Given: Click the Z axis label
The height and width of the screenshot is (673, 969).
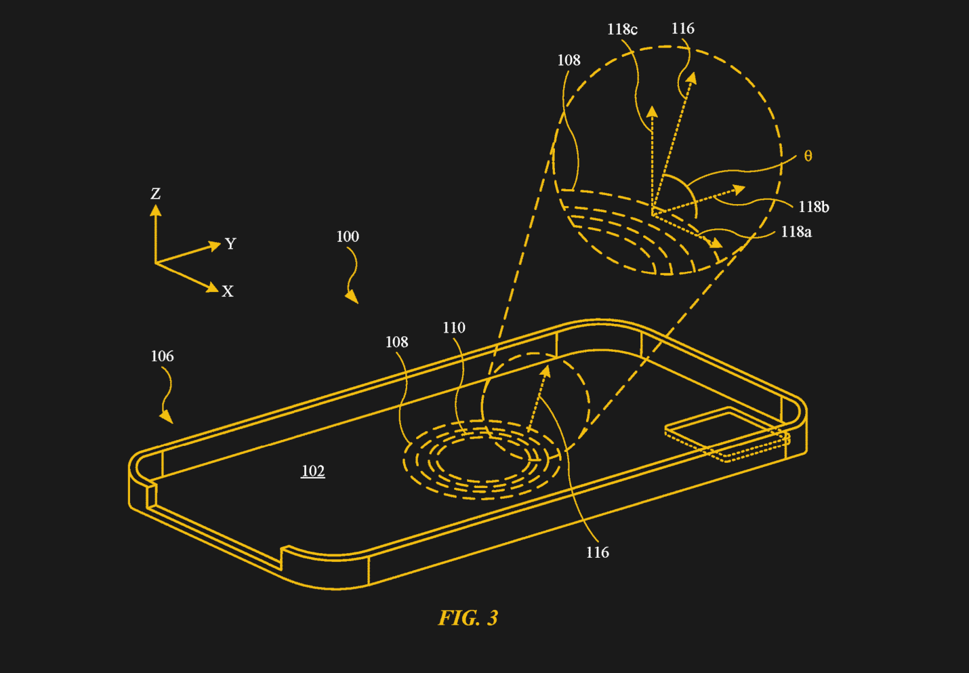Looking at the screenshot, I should coord(156,194).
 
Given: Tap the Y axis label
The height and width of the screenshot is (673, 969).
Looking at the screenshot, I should coord(230,243).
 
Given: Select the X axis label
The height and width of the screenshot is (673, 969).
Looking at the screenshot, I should coord(228,291).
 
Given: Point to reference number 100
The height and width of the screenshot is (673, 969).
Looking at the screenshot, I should coord(348,237).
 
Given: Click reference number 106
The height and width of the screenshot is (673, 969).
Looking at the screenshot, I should coord(162,356).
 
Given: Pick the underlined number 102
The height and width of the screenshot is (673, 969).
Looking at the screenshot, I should coord(313,471).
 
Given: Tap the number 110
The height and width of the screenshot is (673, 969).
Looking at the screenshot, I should coord(454,328).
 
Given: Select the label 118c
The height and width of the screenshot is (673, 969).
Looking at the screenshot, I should coord(622,29).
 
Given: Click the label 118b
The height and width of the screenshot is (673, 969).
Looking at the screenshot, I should coord(813,207).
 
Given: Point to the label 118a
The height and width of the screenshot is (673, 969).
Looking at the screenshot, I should coord(796,232).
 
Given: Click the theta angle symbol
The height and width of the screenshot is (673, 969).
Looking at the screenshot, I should coord(808,157).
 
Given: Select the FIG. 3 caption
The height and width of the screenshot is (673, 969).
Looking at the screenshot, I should coord(468,618).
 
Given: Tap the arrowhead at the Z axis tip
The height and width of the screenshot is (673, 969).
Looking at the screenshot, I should coord(156,210).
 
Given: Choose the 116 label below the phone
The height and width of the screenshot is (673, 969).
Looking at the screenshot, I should coord(597,553).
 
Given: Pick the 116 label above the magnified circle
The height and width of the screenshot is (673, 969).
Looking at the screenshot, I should coord(683,28).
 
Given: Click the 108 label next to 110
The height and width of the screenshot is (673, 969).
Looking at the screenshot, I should coord(397,342).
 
